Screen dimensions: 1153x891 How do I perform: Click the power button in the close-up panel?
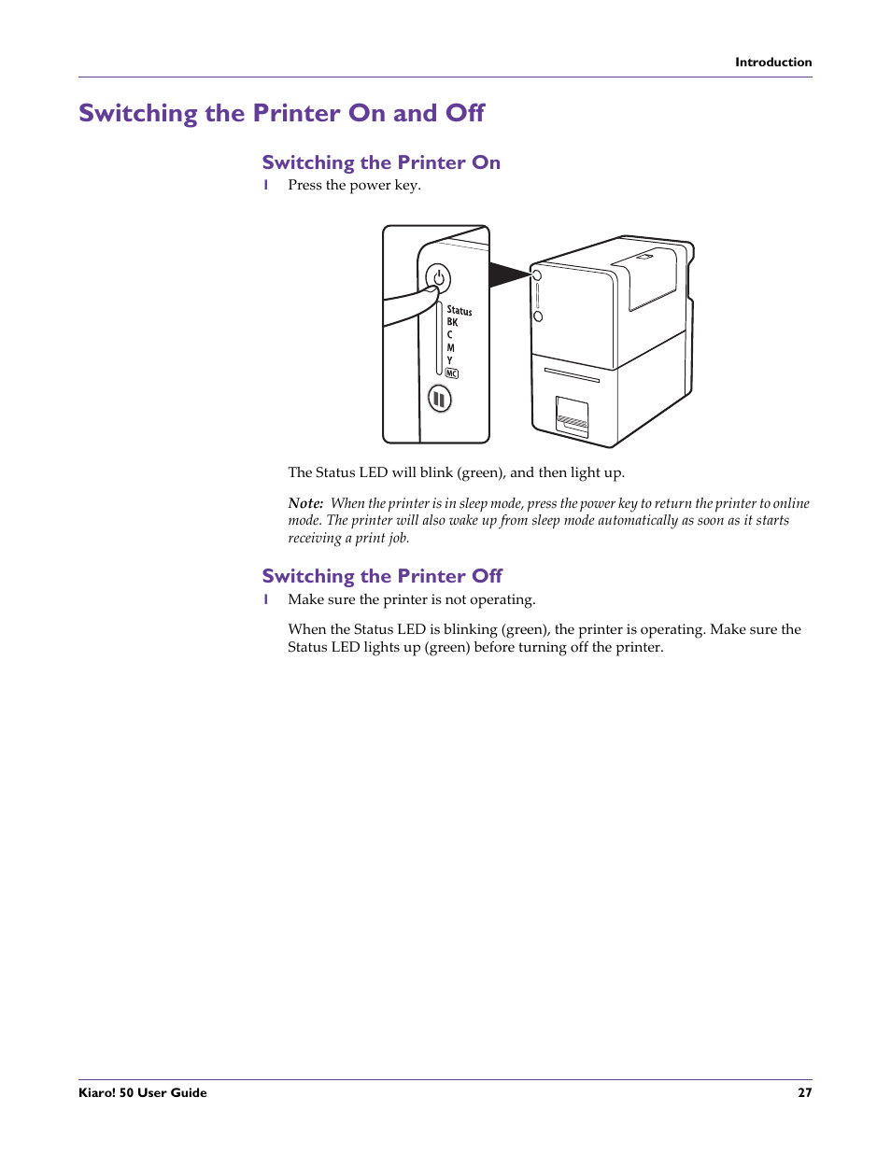[x=438, y=278]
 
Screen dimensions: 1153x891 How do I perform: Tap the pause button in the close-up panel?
[x=439, y=399]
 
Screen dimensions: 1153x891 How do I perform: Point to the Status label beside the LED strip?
[x=459, y=310]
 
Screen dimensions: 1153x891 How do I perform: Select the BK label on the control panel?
[x=452, y=322]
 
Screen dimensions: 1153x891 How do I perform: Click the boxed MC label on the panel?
[x=452, y=373]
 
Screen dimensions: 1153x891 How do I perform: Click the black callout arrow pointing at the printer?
[x=508, y=274]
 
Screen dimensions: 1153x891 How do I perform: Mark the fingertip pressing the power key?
[x=428, y=297]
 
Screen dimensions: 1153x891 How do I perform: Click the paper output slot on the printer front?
[x=572, y=375]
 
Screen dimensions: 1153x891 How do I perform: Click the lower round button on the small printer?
[x=538, y=316]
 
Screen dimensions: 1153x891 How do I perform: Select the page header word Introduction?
[x=772, y=63]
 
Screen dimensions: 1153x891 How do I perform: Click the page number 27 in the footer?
[x=804, y=1092]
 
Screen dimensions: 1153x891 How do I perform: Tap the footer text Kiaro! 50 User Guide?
[x=143, y=1092]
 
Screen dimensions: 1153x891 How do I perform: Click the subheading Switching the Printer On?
[x=381, y=162]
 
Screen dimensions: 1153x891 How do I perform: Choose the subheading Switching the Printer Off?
[x=382, y=576]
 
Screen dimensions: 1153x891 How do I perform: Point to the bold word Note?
[x=305, y=503]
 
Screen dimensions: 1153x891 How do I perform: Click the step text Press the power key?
[x=354, y=185]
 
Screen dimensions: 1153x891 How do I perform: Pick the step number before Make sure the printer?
[x=266, y=599]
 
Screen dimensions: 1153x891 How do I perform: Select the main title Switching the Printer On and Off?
[x=281, y=113]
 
